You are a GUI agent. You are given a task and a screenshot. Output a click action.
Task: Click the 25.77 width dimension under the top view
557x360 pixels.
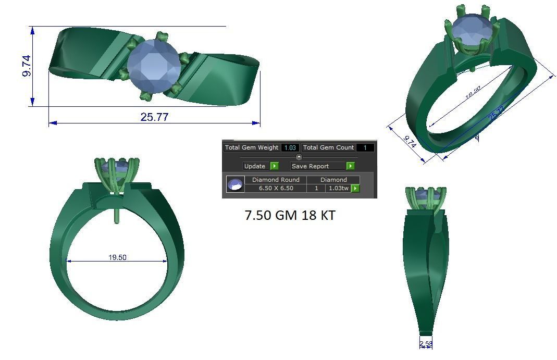click(x=154, y=117)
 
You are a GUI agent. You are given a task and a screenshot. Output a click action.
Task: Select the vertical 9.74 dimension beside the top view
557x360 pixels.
click(x=27, y=66)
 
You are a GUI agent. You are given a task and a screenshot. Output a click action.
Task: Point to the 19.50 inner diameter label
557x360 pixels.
click(x=117, y=257)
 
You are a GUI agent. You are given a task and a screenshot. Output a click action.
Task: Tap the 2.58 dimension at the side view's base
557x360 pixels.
click(x=426, y=344)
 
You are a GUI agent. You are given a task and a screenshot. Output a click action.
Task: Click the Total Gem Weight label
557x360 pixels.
click(x=252, y=148)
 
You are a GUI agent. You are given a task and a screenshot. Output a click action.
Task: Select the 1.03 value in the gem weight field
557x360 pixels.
click(x=290, y=148)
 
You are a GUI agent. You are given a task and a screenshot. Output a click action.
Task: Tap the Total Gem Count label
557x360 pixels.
click(x=328, y=148)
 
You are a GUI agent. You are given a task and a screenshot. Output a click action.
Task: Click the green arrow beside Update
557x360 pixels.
click(x=275, y=166)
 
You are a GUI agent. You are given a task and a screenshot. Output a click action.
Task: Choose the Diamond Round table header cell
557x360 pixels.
click(x=276, y=180)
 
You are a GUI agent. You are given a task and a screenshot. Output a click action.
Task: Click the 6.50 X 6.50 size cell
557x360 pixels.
click(x=276, y=188)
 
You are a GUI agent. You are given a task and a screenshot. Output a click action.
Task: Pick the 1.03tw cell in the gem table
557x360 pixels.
click(x=338, y=188)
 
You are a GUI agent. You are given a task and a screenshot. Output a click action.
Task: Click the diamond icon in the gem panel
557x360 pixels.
click(x=235, y=184)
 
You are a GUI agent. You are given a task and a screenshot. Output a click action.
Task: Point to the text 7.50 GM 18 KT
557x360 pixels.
click(x=290, y=215)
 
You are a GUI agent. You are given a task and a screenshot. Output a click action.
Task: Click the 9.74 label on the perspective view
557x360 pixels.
click(x=410, y=142)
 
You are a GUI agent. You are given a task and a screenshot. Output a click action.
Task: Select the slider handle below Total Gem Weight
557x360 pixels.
click(x=299, y=157)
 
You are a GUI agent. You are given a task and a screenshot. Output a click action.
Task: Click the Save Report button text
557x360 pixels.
click(x=310, y=166)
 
